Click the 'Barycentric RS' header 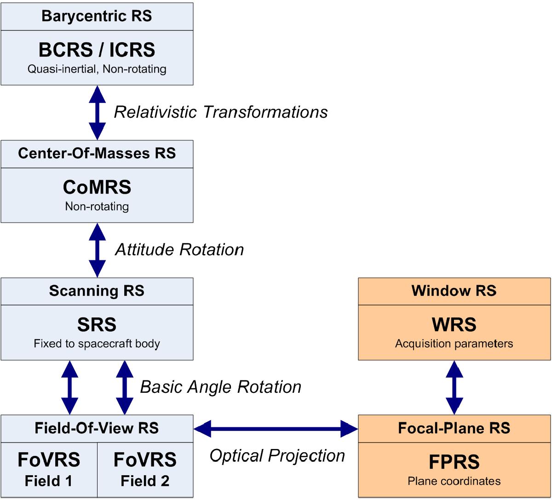97,16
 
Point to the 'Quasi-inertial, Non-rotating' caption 97,69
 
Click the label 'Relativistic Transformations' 221,112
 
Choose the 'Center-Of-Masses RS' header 97,153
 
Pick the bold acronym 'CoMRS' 97,187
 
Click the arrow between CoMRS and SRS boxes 97,250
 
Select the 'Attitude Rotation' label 179,249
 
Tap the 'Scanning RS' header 97,291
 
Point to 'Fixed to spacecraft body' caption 97,344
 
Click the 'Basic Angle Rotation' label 220,387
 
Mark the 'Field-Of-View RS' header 97,428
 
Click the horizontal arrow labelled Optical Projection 276,429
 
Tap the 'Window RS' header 454,291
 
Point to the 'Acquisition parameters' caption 454,344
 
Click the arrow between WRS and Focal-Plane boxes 454,387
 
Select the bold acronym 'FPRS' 454,461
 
